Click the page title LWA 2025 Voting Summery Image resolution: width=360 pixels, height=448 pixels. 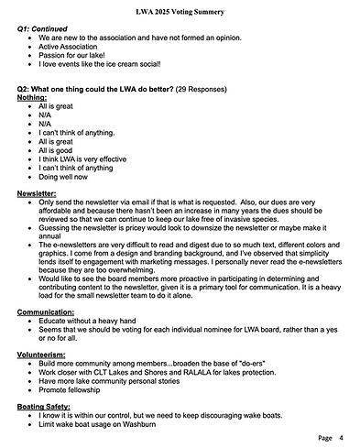coord(180,9)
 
